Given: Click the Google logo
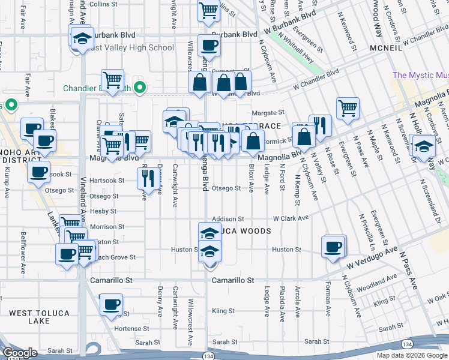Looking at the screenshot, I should coord(20,353).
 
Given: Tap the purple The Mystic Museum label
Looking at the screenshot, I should coord(420,76).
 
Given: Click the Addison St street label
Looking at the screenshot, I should coord(228,219).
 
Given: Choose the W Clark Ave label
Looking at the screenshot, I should coord(291,218).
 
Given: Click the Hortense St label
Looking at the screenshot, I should coord(127,328).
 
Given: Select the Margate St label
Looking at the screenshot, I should coord(267,113).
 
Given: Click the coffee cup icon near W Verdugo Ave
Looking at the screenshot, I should coord(333,247).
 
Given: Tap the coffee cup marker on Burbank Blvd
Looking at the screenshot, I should coord(208,46).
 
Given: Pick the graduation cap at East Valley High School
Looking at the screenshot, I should coord(80,38).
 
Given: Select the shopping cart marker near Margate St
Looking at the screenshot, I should coord(348,109).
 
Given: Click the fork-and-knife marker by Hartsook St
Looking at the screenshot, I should coord(146,177).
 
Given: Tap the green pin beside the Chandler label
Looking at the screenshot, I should coord(140,88).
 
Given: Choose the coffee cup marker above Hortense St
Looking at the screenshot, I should coord(110,305).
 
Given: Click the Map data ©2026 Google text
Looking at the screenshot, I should coord(411,355).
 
